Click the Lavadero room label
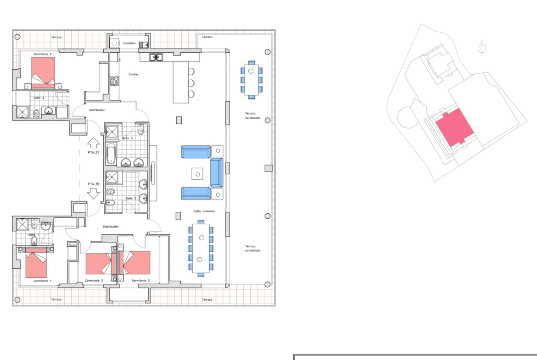[129, 43]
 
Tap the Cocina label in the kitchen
[133, 74]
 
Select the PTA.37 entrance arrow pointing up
[93, 143]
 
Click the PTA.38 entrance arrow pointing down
[93, 194]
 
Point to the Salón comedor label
[204, 211]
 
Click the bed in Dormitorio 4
[43, 72]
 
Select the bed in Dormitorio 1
[36, 263]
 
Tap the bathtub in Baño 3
[111, 154]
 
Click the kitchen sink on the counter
[156, 57]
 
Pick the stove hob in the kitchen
[114, 81]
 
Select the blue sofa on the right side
[217, 172]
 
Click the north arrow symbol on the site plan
[482, 48]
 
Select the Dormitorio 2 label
[94, 281]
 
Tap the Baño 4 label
[39, 98]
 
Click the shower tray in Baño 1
[22, 225]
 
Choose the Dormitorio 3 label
[141, 281]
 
